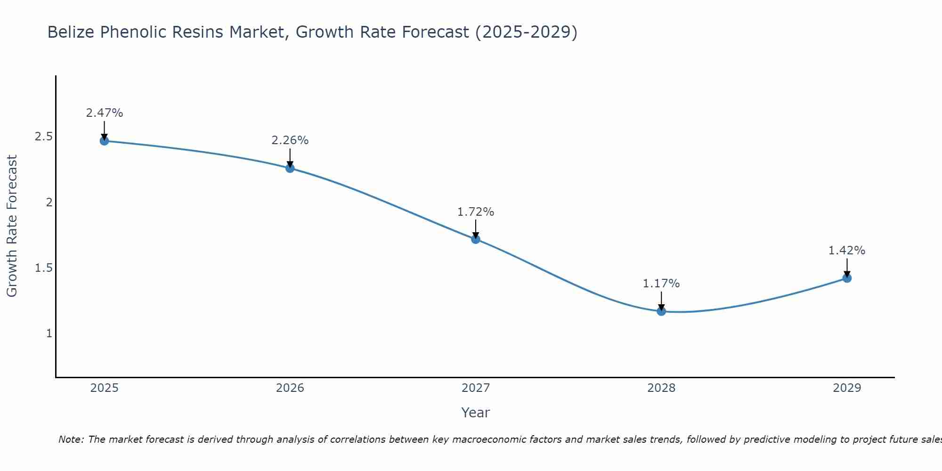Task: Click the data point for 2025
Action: pos(104,141)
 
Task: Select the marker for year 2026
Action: pos(290,168)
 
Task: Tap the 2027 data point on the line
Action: pos(476,239)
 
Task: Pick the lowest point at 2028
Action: pos(661,311)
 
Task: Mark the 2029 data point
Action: pos(847,278)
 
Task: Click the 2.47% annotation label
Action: pos(104,113)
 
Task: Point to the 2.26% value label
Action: pos(290,140)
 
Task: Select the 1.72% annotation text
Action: pos(476,212)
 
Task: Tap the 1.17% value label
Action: pos(661,284)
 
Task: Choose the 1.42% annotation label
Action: pos(847,251)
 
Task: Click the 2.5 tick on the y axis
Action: pos(43,137)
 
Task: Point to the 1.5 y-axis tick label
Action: pos(43,268)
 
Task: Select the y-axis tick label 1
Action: pos(49,333)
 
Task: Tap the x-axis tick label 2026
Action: pos(290,388)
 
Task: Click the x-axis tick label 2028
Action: pos(661,388)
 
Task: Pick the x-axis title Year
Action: pos(476,413)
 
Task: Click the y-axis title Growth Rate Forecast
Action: pos(12,226)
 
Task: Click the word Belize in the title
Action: pos(71,32)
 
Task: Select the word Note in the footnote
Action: pos(71,439)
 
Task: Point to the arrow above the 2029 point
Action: pos(847,268)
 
